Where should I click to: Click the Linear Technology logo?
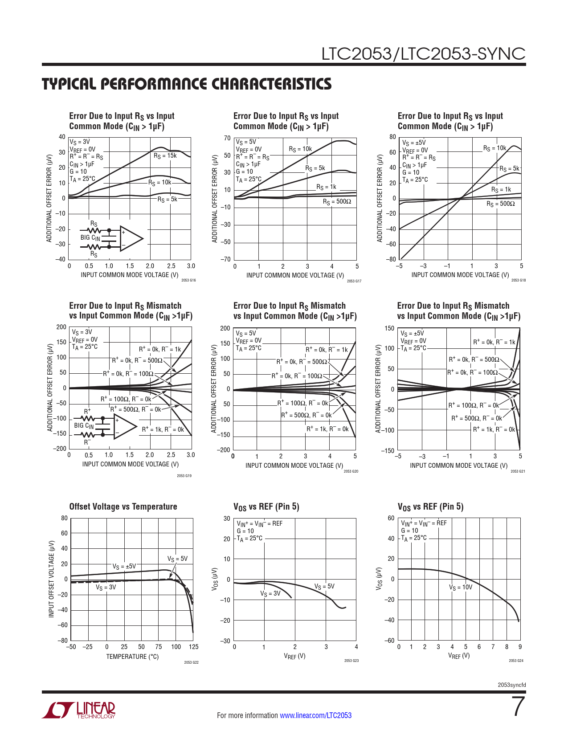click(x=79, y=710)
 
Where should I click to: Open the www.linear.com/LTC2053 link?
click(x=315, y=715)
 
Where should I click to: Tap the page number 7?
click(x=518, y=706)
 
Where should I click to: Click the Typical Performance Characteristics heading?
click(x=187, y=84)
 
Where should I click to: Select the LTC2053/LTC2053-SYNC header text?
click(x=423, y=54)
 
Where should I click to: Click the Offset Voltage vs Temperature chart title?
click(x=123, y=506)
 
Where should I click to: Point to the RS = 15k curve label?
click(x=165, y=156)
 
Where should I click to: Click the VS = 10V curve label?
click(x=461, y=587)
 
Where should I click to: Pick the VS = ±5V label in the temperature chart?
click(x=124, y=567)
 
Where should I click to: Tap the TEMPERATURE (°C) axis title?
click(x=132, y=657)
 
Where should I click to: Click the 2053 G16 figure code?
click(x=188, y=280)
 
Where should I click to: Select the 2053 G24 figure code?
click(x=516, y=661)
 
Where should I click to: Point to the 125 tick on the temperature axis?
click(x=193, y=647)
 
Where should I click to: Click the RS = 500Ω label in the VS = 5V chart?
click(x=337, y=202)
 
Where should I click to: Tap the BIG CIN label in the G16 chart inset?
click(x=90, y=238)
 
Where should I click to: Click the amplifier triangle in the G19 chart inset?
click(x=125, y=426)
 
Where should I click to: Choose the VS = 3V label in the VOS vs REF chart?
click(x=270, y=594)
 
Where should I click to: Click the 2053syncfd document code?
click(x=511, y=685)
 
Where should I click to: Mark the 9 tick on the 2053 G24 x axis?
click(x=520, y=647)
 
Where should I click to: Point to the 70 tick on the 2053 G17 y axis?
click(x=227, y=139)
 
